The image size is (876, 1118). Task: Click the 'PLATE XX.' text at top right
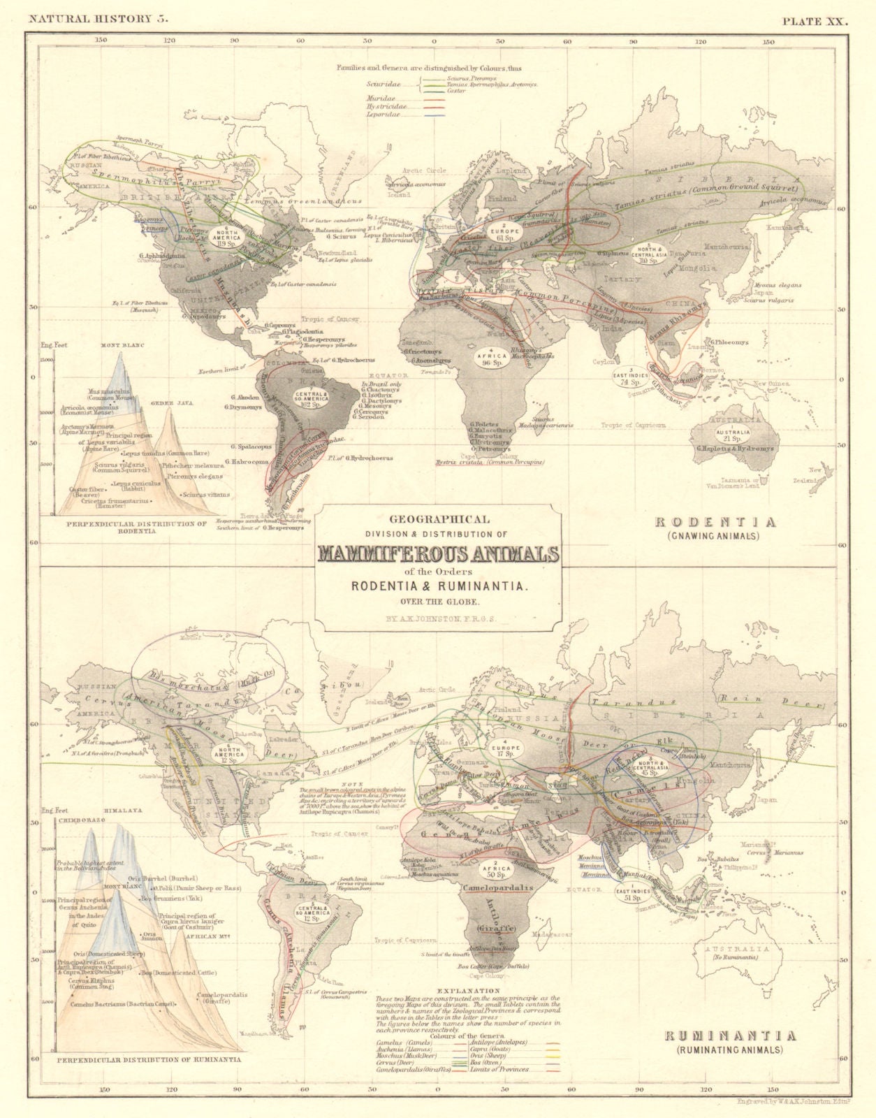(x=814, y=20)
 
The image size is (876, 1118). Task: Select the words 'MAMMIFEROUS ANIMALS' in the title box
(x=439, y=553)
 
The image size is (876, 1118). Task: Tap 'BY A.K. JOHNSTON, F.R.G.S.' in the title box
(x=438, y=618)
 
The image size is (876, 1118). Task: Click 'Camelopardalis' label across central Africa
(x=498, y=887)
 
